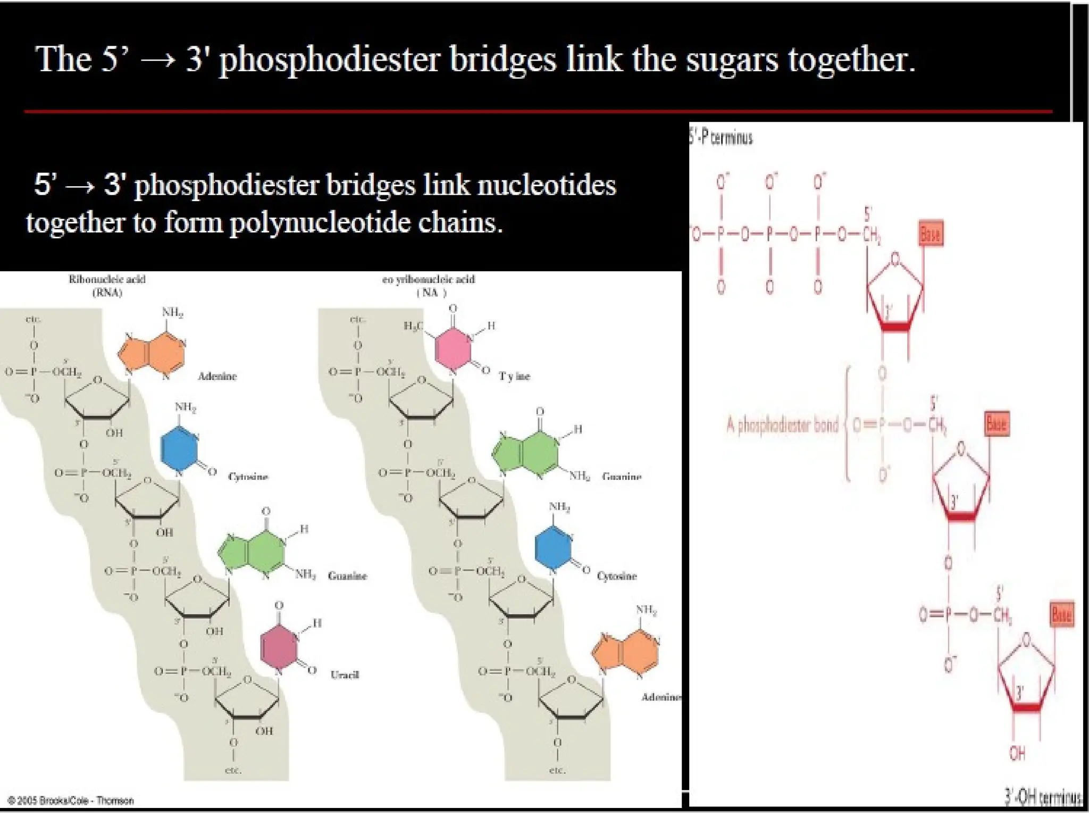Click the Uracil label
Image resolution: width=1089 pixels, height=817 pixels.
[x=345, y=675]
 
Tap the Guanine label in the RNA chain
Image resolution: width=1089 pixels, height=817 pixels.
[x=347, y=576]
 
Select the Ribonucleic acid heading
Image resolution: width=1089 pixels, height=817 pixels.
[x=107, y=279]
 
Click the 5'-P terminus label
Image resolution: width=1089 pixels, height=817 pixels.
[x=721, y=138]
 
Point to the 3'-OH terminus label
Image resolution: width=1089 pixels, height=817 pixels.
[x=1042, y=796]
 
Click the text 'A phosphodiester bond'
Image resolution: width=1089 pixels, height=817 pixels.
[x=782, y=425]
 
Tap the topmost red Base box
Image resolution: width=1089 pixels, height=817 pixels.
[x=931, y=234]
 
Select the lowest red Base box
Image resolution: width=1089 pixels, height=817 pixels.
[x=1062, y=615]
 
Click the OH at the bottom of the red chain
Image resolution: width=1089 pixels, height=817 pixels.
[x=1017, y=753]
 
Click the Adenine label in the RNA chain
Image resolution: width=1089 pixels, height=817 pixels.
[x=217, y=377]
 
